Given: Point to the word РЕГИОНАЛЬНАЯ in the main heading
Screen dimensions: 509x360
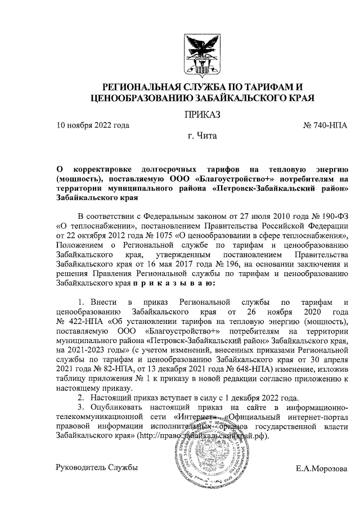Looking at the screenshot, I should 139,88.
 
